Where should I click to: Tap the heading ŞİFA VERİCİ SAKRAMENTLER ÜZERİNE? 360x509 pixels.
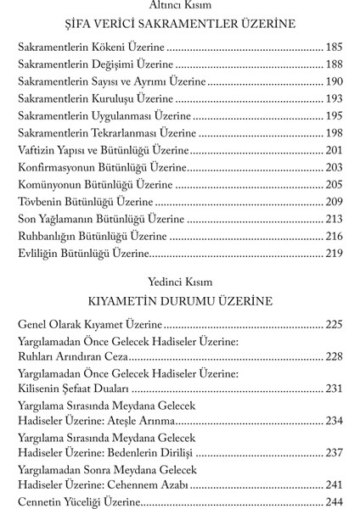[179, 24]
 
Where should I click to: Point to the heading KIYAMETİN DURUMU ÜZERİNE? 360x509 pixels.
[179, 302]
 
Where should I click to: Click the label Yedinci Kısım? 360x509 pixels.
[179, 283]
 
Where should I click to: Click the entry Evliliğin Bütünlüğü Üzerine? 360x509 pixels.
[84, 252]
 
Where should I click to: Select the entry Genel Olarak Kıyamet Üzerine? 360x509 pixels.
[90, 325]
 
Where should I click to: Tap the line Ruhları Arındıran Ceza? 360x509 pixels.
[74, 356]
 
